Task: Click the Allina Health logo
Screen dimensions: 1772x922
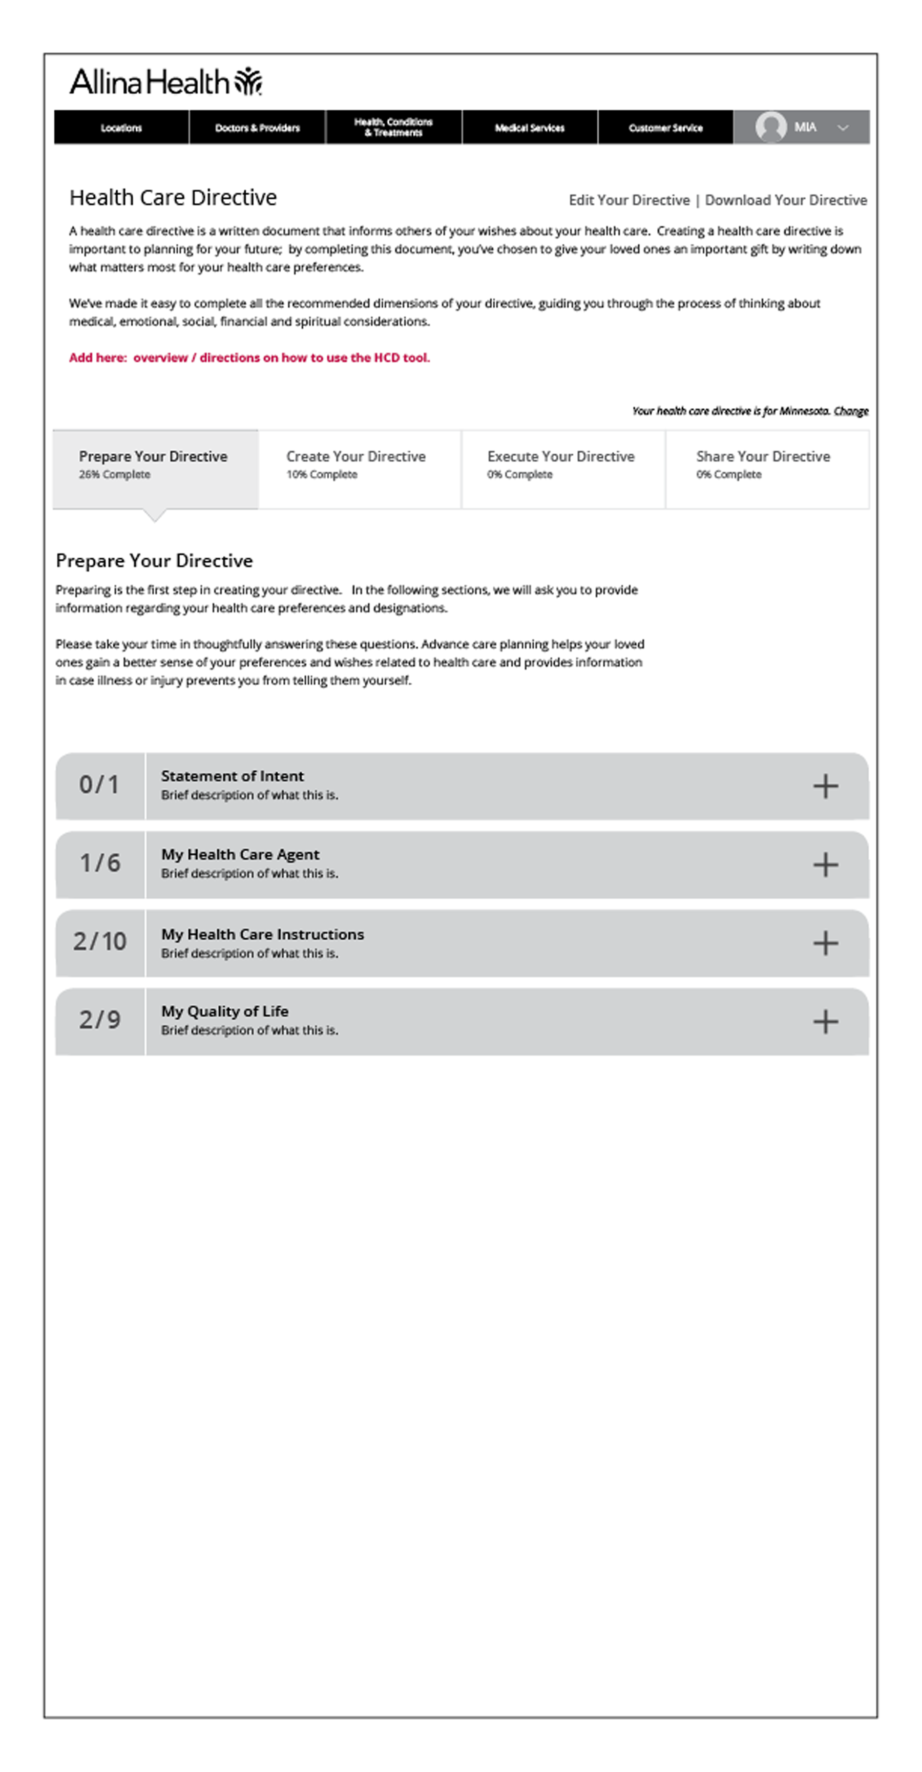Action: point(165,82)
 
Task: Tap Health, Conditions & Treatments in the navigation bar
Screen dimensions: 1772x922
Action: point(393,127)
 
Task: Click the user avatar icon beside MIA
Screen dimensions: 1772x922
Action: point(770,127)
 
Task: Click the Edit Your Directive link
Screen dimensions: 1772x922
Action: point(629,200)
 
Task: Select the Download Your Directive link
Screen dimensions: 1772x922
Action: point(786,200)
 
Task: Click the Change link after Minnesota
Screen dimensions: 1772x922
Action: point(851,411)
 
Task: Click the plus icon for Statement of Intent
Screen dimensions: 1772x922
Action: point(826,786)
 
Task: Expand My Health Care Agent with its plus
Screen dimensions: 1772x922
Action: point(826,864)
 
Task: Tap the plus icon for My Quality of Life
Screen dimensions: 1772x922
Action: point(826,1022)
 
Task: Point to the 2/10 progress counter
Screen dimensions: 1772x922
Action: point(100,942)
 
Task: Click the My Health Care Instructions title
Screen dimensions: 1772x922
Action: point(263,934)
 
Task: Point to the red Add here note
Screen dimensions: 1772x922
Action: point(249,357)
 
